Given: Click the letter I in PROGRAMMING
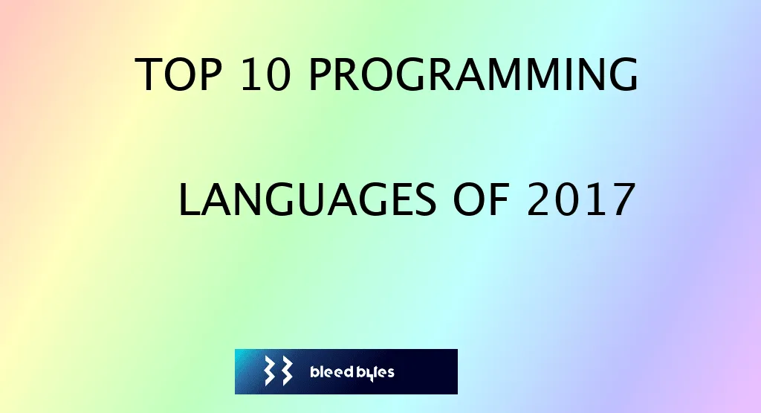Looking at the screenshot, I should point(563,76).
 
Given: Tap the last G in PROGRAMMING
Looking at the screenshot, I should point(623,76).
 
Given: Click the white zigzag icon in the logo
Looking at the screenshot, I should point(278,371).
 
